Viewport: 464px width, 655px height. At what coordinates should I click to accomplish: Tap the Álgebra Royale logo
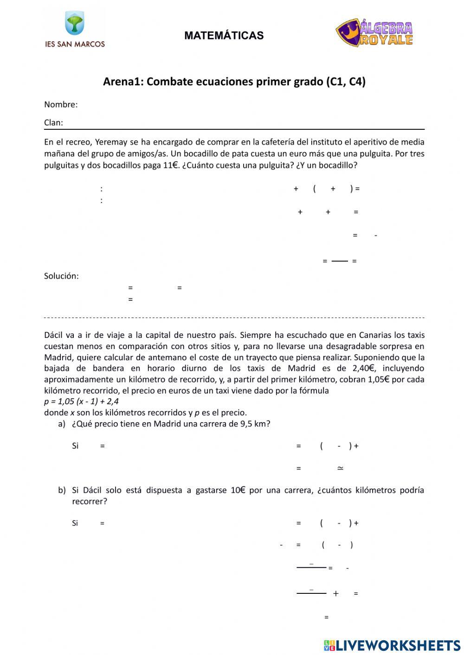tap(374, 33)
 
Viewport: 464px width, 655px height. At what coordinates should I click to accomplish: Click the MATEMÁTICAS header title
tap(224, 36)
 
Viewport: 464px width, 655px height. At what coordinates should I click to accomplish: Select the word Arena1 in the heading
tap(123, 82)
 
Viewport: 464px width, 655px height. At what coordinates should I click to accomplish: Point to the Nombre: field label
tap(61, 105)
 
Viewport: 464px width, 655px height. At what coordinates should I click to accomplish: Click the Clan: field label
tap(53, 123)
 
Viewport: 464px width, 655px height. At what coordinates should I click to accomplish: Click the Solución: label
tap(61, 276)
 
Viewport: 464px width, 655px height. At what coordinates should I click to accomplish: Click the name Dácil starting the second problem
tap(54, 335)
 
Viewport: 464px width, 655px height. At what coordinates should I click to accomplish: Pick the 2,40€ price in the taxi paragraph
tap(362, 369)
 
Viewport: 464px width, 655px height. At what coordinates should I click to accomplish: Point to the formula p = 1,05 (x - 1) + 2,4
tap(81, 401)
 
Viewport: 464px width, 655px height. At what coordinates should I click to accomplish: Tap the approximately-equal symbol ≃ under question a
tap(340, 468)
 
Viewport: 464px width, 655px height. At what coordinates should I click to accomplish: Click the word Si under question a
tap(75, 446)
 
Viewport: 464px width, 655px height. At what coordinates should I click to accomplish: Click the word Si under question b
tap(75, 523)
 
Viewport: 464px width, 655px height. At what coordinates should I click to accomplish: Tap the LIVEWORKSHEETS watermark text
tap(398, 645)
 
